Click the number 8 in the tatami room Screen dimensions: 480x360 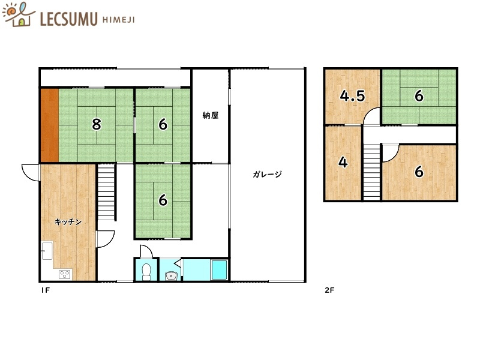click(97, 124)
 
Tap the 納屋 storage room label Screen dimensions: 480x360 click(211, 115)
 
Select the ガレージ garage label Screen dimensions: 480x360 click(267, 174)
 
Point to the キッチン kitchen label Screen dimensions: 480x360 click(68, 221)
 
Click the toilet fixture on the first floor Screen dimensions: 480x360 click(146, 272)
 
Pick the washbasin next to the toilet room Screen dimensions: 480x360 click(171, 276)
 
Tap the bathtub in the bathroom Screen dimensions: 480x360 click(219, 270)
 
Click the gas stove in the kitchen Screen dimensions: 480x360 click(65, 274)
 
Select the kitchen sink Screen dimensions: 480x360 click(47, 251)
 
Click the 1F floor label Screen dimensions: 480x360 click(46, 290)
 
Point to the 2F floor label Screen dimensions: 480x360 click(329, 290)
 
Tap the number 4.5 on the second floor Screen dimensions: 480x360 click(352, 96)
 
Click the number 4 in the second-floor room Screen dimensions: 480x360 click(343, 162)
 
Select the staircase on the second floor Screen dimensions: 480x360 click(371, 172)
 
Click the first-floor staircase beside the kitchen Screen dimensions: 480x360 click(106, 192)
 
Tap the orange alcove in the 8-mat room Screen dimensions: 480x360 click(50, 125)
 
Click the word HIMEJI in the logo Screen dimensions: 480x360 click(118, 20)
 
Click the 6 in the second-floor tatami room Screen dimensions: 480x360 click(419, 96)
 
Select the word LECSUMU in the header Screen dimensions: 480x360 click(68, 19)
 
